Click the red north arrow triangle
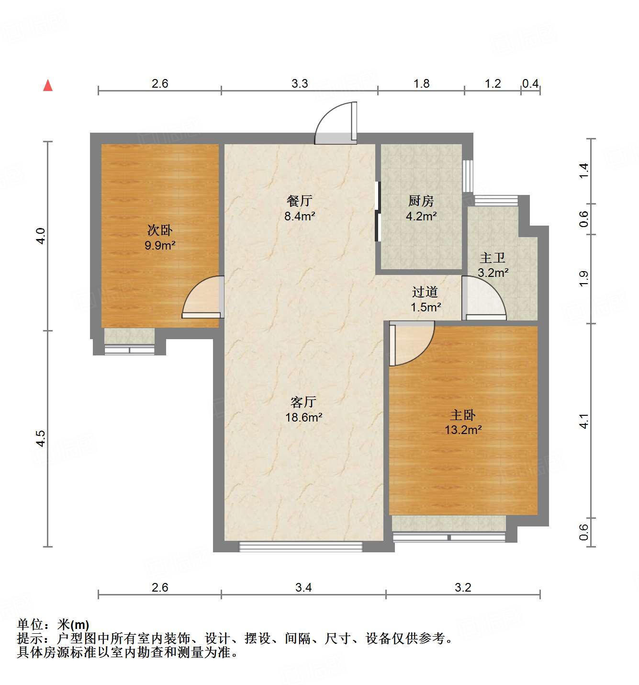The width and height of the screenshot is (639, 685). click(x=48, y=85)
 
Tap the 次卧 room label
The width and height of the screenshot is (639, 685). click(x=159, y=230)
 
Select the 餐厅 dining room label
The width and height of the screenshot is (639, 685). click(x=300, y=201)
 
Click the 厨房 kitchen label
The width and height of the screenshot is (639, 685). click(x=421, y=201)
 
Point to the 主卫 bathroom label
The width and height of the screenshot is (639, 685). click(x=493, y=258)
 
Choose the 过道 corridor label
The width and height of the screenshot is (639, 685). click(x=425, y=292)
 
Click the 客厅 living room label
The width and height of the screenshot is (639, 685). click(x=303, y=402)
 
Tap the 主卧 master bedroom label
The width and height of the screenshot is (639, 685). click(x=463, y=415)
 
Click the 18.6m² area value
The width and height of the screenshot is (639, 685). click(x=303, y=417)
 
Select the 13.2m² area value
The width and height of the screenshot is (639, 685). click(x=463, y=430)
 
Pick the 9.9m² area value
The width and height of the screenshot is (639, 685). click(x=160, y=246)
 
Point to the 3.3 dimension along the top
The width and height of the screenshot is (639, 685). click(x=300, y=83)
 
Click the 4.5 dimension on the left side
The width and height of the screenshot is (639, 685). click(x=41, y=438)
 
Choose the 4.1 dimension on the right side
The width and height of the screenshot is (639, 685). click(x=583, y=421)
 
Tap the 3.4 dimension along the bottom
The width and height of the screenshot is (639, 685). click(x=303, y=587)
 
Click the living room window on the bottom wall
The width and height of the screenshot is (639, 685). click(x=301, y=546)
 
